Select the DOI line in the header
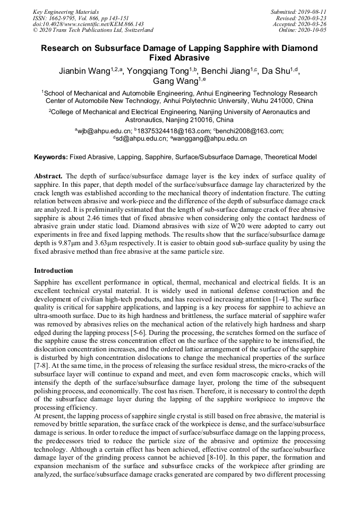pos(88,24)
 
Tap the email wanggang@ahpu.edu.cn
pos(209,139)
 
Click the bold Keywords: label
pos(51,157)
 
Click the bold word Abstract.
pos(48,176)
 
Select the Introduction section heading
pos(53,271)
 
